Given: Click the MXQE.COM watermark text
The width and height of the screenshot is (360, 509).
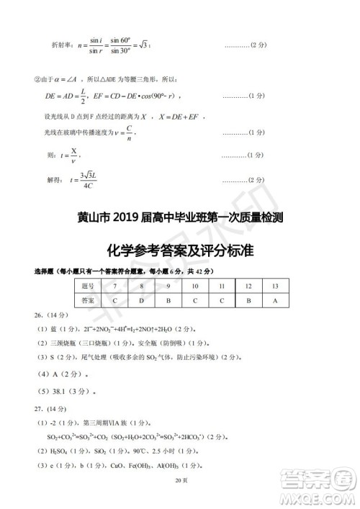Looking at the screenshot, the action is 317,495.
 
